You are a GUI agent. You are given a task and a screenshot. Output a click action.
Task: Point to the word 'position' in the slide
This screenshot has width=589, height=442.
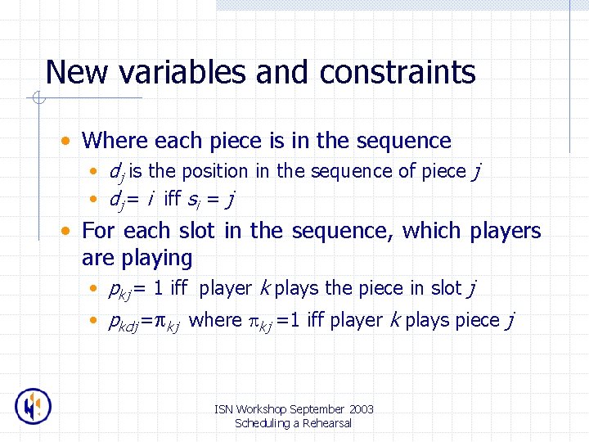point(217,172)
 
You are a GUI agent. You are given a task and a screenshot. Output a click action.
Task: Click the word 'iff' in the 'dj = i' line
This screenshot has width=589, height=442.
point(172,199)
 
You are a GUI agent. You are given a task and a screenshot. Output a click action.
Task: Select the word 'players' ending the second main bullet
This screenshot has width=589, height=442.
point(506,231)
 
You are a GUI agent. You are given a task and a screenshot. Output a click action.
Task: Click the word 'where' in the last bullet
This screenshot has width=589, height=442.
point(215,320)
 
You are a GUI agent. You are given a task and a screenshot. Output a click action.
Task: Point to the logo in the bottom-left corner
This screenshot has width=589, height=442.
point(34,406)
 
